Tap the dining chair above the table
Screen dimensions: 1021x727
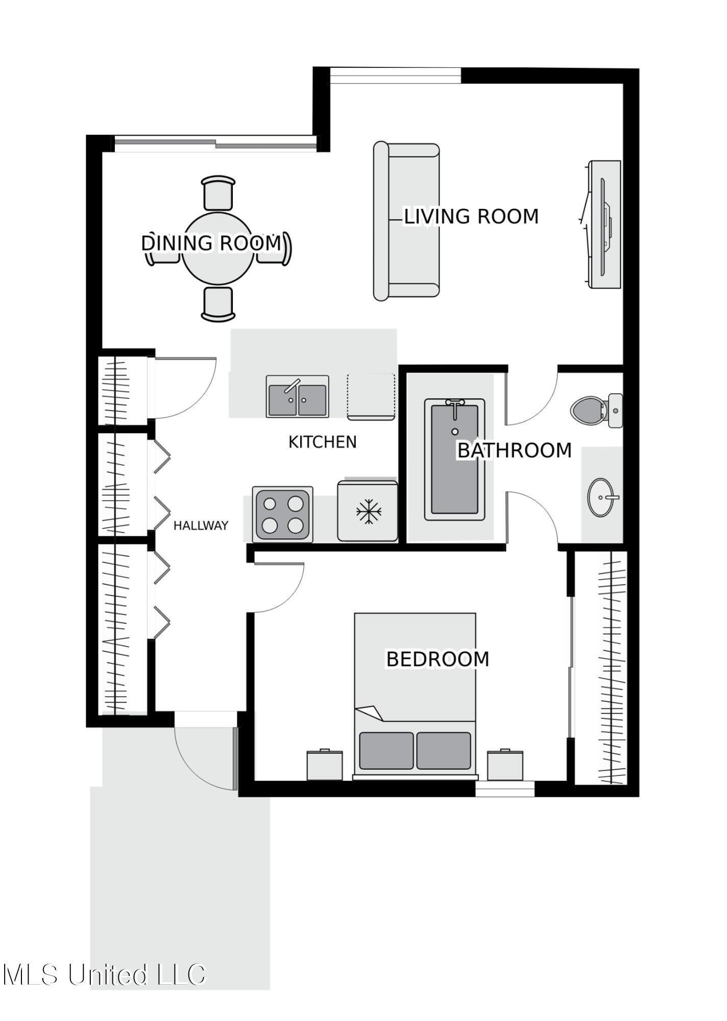[x=219, y=193]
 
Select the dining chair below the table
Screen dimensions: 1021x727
[x=218, y=303]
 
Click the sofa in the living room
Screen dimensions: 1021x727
[x=406, y=222]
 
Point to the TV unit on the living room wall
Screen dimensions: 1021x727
[x=604, y=224]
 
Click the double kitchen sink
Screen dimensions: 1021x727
[x=297, y=396]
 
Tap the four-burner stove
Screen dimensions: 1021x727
[x=282, y=514]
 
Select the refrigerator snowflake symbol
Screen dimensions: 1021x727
[x=369, y=512]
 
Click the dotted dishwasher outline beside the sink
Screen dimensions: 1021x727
[x=371, y=396]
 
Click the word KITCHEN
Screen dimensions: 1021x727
[x=322, y=442]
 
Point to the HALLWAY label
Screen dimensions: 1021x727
[x=201, y=526]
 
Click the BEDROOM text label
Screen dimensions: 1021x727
[x=438, y=659]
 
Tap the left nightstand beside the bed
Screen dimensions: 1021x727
[x=324, y=765]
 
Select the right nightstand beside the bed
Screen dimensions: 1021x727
[x=505, y=765]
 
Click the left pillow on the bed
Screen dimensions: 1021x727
[x=386, y=750]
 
